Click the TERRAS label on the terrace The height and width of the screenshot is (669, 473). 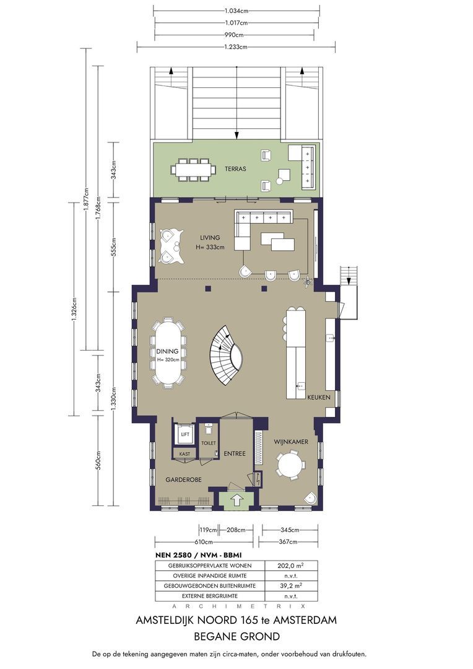coord(235,169)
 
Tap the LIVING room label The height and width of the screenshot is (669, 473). coord(210,238)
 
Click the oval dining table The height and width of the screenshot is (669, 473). coord(168,352)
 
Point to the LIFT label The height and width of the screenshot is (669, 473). coord(185,434)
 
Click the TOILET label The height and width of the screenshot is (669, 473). coord(209,444)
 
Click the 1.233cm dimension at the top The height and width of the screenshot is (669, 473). coord(236,47)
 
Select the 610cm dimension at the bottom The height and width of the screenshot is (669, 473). coord(204,542)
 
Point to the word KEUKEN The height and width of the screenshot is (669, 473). coord(319,397)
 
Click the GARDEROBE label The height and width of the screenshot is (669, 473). coord(183,479)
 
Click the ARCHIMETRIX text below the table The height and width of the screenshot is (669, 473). coord(238,606)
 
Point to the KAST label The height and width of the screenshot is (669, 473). coord(184,454)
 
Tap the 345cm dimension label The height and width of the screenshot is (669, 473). coord(290,530)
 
